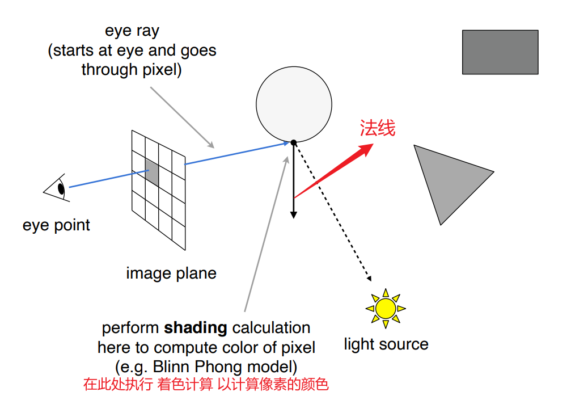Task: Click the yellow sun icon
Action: click(x=386, y=308)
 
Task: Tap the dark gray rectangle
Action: click(x=500, y=52)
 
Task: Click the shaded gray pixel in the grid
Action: click(x=151, y=172)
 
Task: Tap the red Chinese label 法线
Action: click(x=377, y=128)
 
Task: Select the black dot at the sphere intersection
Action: click(x=293, y=142)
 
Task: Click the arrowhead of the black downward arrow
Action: click(x=293, y=214)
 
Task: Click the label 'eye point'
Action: click(x=56, y=225)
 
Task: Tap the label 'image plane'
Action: click(x=171, y=273)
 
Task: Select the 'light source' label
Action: click(x=386, y=344)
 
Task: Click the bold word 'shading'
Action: click(x=196, y=328)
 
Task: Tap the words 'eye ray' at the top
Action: click(x=132, y=31)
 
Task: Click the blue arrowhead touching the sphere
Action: click(x=286, y=144)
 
